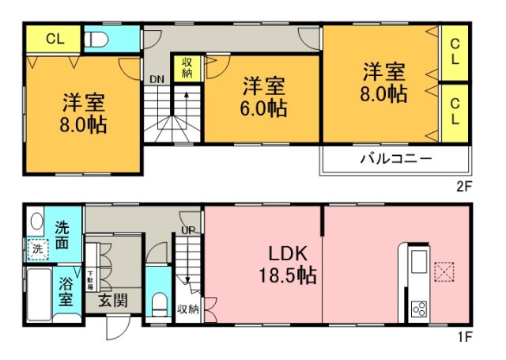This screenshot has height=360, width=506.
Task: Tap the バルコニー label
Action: (396, 158)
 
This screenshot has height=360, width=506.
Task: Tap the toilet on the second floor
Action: (95, 38)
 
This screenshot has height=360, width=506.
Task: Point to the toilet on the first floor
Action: (158, 302)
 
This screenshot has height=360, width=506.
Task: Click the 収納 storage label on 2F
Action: (187, 68)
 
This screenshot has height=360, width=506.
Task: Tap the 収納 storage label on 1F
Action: (187, 309)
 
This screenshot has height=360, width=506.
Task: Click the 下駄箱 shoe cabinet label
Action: (90, 260)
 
